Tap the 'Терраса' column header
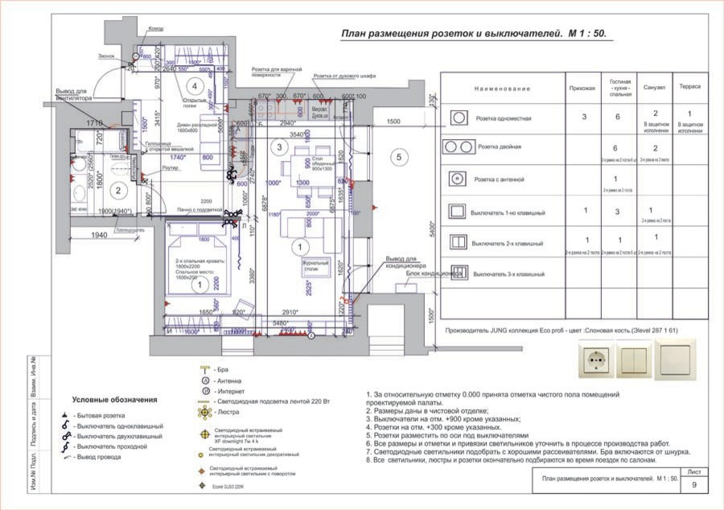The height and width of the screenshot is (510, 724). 689,86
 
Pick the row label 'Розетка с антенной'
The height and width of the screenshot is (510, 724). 502,179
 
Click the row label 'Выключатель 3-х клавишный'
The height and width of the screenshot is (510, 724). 508,274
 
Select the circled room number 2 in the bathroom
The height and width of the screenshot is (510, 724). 117,191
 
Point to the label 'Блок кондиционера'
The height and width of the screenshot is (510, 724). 434,274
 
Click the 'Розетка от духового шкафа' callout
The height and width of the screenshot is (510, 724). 345,76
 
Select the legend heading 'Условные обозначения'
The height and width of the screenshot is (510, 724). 114,399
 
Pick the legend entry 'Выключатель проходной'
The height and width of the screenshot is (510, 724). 121,446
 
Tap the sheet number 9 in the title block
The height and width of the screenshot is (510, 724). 694,485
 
